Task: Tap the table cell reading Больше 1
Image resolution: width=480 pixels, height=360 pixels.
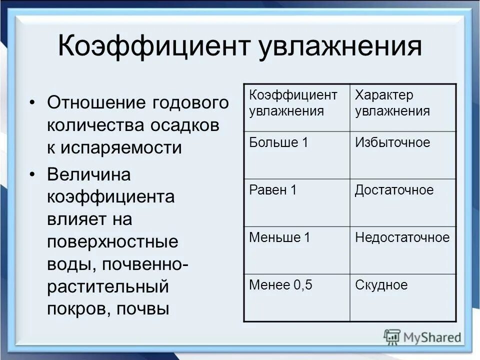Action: pyautogui.click(x=278, y=142)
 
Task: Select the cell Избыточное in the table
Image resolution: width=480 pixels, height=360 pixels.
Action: pyautogui.click(x=392, y=142)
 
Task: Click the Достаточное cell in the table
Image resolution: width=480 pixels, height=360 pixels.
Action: pyautogui.click(x=394, y=190)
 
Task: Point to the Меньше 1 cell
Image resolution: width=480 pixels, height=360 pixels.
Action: pyautogui.click(x=279, y=237)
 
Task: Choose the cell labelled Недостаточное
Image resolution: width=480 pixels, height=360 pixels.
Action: pyautogui.click(x=402, y=237)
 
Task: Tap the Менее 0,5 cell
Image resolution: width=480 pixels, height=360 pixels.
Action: pyautogui.click(x=280, y=285)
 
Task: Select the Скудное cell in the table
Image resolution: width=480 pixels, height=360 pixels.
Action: pyautogui.click(x=381, y=285)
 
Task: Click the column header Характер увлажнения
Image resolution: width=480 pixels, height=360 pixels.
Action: pyautogui.click(x=392, y=103)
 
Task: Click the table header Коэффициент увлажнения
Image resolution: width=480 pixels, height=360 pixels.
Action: pyautogui.click(x=293, y=103)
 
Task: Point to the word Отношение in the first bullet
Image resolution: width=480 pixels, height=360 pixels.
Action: pyautogui.click(x=95, y=103)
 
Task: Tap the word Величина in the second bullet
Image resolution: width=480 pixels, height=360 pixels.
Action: pyautogui.click(x=88, y=175)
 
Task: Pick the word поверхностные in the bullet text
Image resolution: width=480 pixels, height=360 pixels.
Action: pyautogui.click(x=112, y=242)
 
